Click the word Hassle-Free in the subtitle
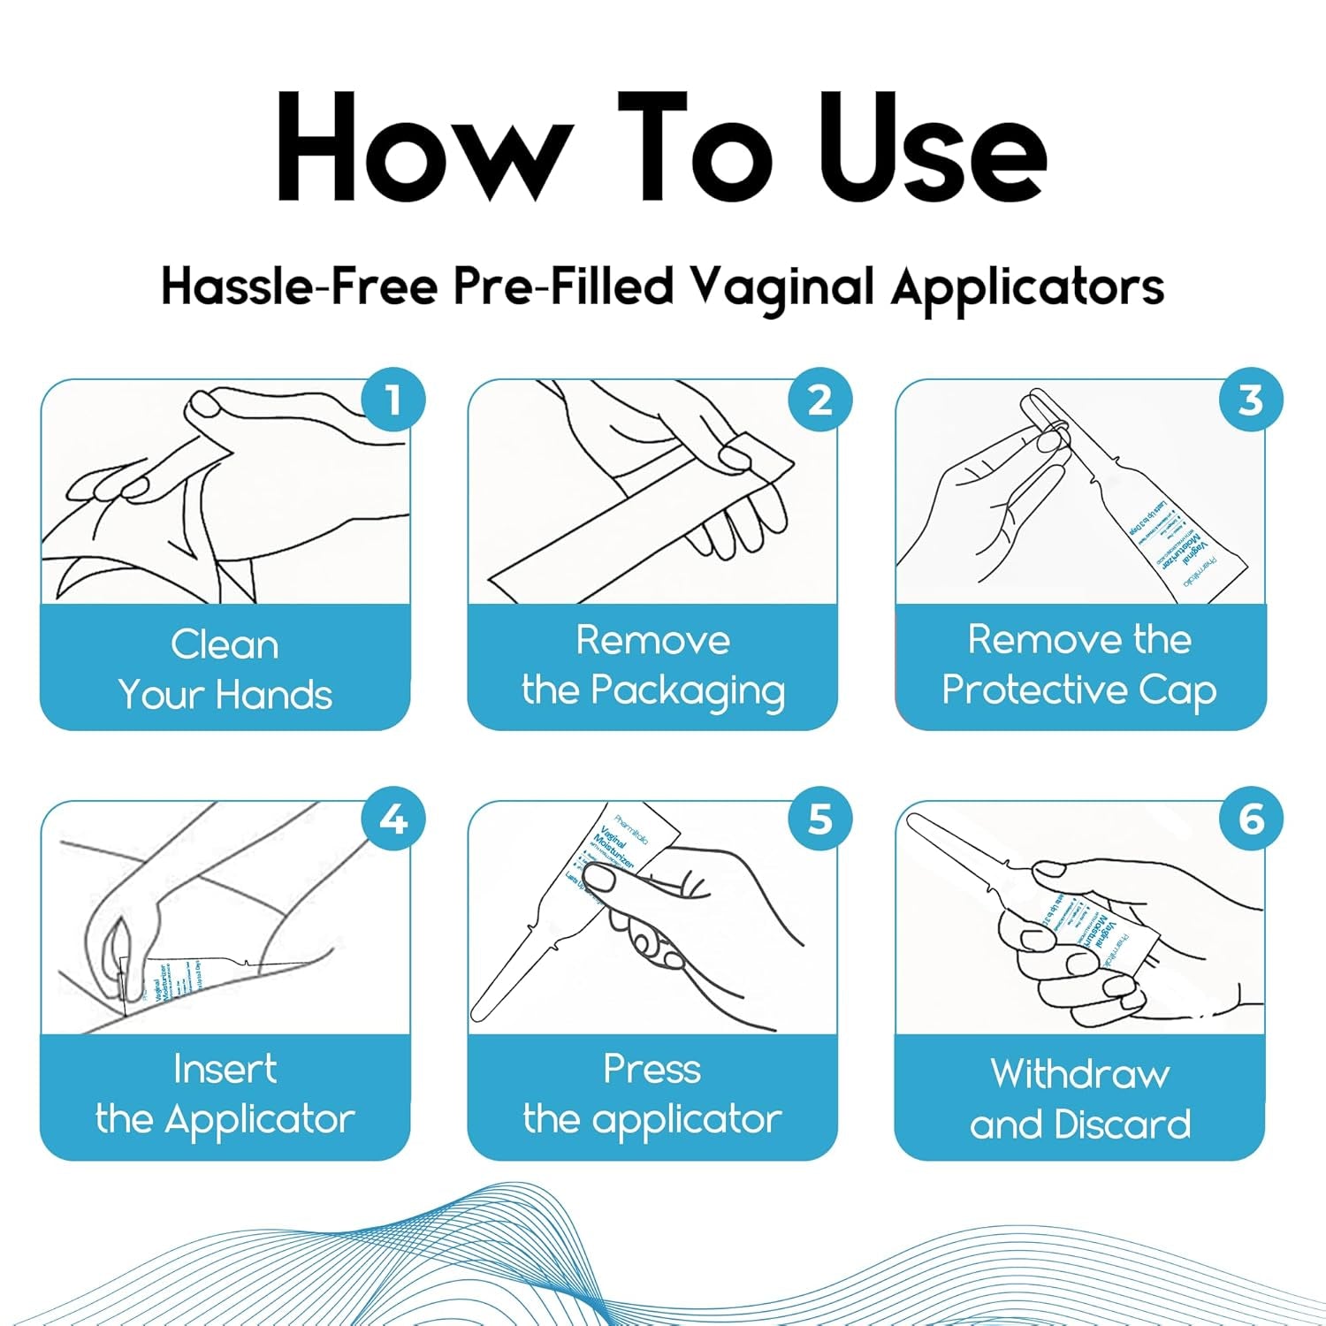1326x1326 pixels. (299, 287)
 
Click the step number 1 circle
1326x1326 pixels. (393, 400)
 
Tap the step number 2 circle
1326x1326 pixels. (820, 400)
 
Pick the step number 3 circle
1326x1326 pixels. (1250, 400)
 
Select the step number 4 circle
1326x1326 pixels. (393, 819)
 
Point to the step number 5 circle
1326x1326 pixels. (820, 819)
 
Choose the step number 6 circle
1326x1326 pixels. (1250, 819)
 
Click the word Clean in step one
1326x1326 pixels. (225, 644)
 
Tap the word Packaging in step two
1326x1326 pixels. (687, 691)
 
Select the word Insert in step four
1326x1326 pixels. (225, 1069)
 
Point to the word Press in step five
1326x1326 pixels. (652, 1069)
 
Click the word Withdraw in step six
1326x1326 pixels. (1080, 1074)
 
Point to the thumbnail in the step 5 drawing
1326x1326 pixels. (600, 878)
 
